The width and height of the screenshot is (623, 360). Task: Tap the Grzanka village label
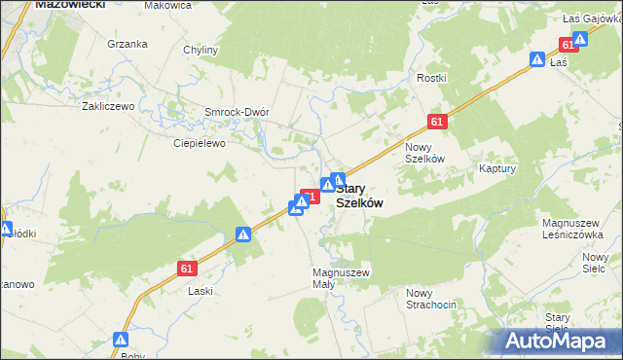coord(128,44)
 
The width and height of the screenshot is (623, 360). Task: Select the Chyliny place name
coord(201,50)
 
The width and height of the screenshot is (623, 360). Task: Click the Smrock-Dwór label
coord(236,112)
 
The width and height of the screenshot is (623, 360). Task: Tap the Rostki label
coord(430,78)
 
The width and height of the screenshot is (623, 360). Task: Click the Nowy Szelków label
coord(424,152)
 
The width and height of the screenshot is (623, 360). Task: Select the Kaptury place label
coord(496,168)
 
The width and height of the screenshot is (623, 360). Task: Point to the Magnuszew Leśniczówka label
coord(576,229)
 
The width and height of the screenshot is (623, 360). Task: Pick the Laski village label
coord(201,291)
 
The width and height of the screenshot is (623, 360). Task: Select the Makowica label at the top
coord(166,6)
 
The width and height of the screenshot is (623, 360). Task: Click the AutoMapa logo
coord(558,341)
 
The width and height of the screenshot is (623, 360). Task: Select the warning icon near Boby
coord(121,340)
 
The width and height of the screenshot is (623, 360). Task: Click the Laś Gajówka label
coord(592,18)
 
